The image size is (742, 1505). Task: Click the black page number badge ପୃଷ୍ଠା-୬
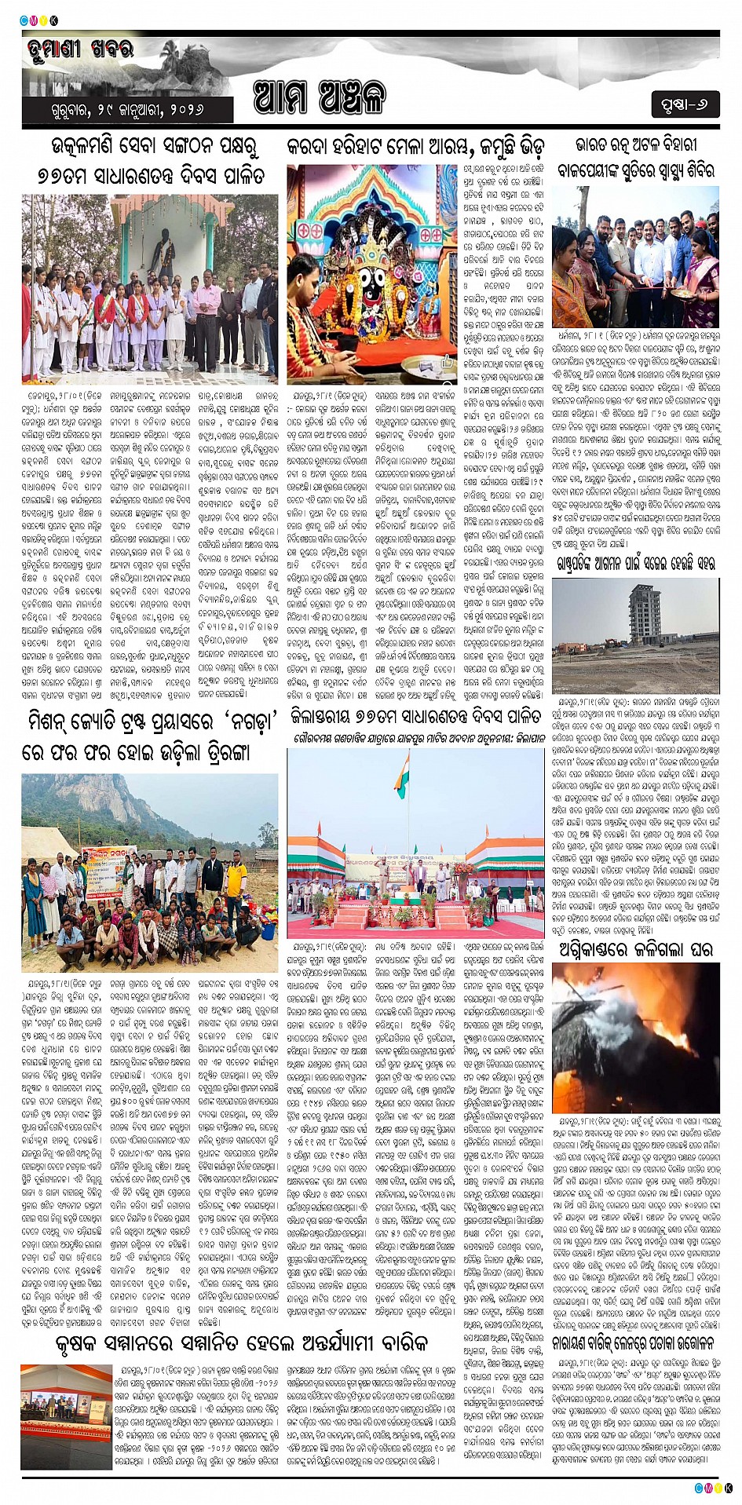tap(685, 104)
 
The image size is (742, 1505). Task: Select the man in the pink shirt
tap(207, 314)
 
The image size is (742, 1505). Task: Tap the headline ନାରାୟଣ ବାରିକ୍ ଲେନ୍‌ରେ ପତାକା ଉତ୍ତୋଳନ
tap(636, 1342)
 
